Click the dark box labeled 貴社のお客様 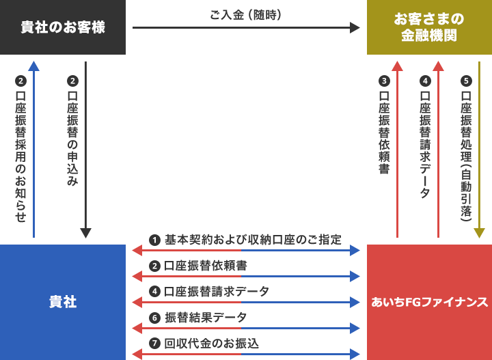click(63, 27)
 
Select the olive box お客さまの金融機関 click(429, 27)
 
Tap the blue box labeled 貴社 click(63, 302)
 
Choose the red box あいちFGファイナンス click(429, 302)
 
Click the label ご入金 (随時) click(246, 14)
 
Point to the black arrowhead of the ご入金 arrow click(355, 27)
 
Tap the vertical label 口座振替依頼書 click(384, 133)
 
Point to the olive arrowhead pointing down click(479, 233)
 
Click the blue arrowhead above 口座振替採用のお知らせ click(33, 66)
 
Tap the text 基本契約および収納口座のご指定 click(253, 240)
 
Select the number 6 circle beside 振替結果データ click(154, 318)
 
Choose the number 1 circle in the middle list click(154, 240)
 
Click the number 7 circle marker click(154, 343)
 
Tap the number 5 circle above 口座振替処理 click(466, 81)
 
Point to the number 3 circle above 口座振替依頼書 click(384, 81)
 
